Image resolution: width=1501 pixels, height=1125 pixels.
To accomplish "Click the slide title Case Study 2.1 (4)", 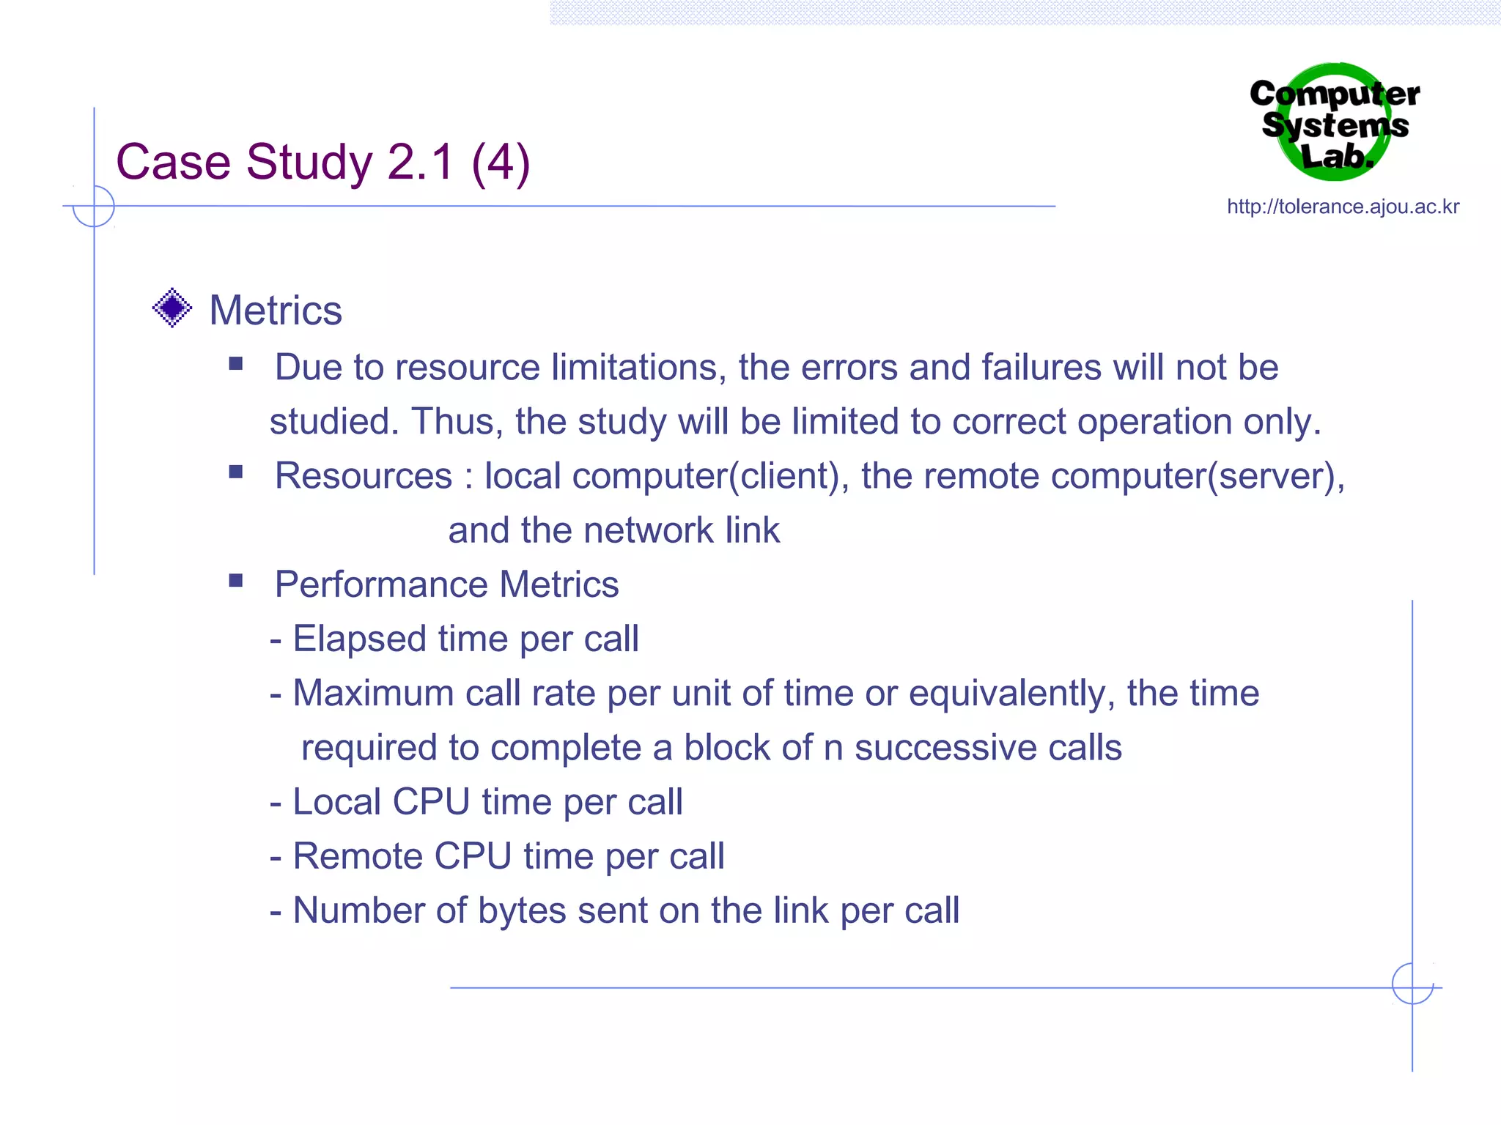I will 322,162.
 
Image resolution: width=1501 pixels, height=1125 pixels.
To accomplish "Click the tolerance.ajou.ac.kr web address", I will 1343,207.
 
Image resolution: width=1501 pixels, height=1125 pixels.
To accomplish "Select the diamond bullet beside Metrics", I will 172,308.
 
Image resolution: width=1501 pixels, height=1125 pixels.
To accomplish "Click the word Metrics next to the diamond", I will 276,311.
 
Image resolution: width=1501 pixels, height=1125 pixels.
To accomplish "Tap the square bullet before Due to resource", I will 235,364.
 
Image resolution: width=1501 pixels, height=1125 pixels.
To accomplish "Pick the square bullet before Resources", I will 235,472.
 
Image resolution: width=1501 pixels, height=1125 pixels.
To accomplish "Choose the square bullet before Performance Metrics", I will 235,582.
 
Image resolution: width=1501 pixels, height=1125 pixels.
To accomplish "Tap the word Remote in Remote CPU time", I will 358,856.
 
